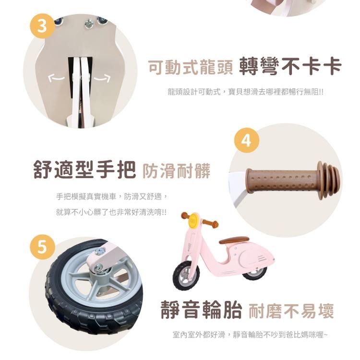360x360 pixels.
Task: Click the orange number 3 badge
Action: (x=42, y=26)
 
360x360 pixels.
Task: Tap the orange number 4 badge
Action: (x=247, y=140)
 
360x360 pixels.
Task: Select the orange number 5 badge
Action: (x=42, y=247)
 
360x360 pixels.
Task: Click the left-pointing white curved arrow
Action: (x=57, y=78)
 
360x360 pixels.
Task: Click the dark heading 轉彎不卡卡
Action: (x=290, y=67)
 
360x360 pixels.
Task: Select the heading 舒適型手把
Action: (x=84, y=169)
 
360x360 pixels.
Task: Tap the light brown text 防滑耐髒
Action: (x=176, y=171)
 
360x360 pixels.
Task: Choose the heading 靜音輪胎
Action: (x=201, y=310)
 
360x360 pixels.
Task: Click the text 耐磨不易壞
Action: (x=291, y=311)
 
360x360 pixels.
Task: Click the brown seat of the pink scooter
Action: (x=234, y=240)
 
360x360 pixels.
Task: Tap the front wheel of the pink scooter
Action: (x=186, y=276)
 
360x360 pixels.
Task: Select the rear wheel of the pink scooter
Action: (x=254, y=273)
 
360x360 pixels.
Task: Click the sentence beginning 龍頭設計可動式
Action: (x=245, y=92)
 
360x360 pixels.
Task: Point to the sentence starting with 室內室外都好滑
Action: (x=250, y=335)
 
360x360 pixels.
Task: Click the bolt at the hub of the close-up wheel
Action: (x=99, y=267)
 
